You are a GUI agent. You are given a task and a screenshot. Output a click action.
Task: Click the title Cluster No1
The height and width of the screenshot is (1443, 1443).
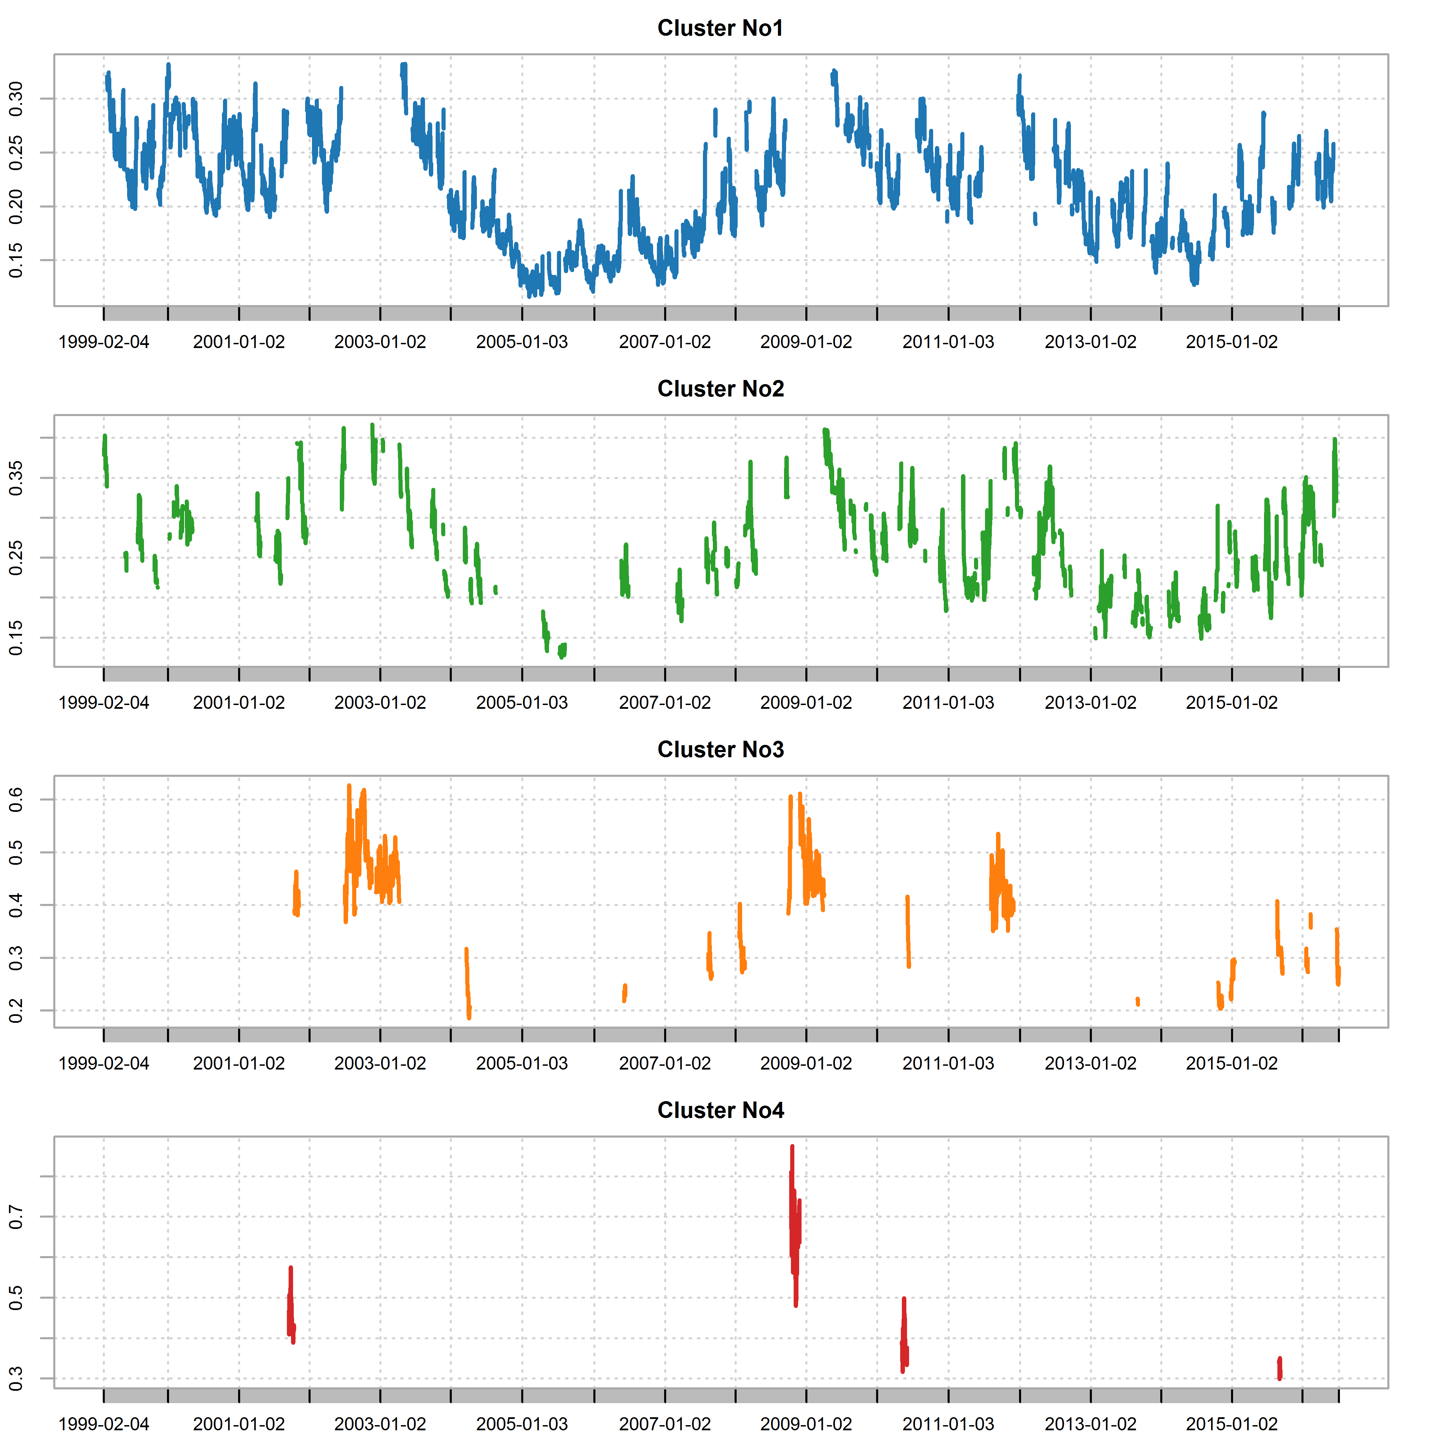pyautogui.click(x=720, y=29)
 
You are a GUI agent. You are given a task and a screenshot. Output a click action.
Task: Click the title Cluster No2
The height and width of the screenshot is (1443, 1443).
pyautogui.click(x=720, y=389)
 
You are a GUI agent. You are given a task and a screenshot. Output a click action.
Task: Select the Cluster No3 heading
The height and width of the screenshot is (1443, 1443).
pyautogui.click(x=720, y=750)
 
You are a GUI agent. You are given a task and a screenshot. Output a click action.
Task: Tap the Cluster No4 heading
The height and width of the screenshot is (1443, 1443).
pyautogui.click(x=720, y=1111)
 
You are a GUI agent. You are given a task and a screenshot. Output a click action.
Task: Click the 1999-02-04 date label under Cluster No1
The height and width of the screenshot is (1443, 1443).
pyautogui.click(x=104, y=342)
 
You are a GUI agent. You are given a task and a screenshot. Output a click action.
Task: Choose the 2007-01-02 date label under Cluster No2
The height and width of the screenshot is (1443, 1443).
pyautogui.click(x=665, y=703)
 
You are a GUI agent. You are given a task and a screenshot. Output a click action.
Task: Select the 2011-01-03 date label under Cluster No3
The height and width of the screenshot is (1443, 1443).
pyautogui.click(x=949, y=1064)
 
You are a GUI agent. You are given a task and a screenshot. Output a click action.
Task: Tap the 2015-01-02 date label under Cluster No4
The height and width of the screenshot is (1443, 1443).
pyautogui.click(x=1232, y=1424)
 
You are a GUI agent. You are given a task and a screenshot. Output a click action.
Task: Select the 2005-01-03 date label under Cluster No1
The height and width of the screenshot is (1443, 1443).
pyautogui.click(x=522, y=342)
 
